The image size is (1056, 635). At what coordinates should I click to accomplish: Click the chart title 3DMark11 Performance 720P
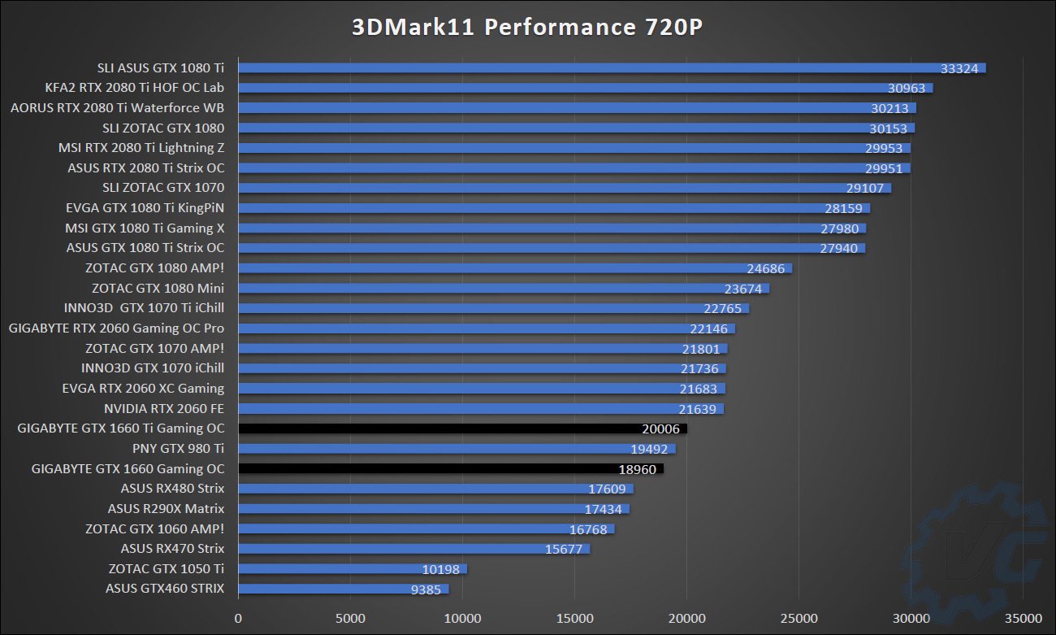(x=527, y=28)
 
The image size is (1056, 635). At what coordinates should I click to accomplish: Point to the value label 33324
(x=959, y=67)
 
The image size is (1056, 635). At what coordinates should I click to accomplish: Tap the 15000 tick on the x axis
(x=574, y=618)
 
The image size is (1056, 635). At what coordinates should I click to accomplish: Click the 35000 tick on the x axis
(x=1023, y=618)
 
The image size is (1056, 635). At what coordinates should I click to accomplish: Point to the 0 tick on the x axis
(x=238, y=618)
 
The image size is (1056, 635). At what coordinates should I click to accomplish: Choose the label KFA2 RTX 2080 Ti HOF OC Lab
(x=135, y=88)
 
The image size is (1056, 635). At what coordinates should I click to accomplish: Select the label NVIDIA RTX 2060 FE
(x=164, y=408)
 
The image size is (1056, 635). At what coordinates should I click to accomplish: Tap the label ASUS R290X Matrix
(x=166, y=508)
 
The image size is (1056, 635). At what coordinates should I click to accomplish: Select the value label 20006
(x=660, y=428)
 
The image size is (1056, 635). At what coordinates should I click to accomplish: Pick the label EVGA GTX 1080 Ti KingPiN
(x=145, y=208)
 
